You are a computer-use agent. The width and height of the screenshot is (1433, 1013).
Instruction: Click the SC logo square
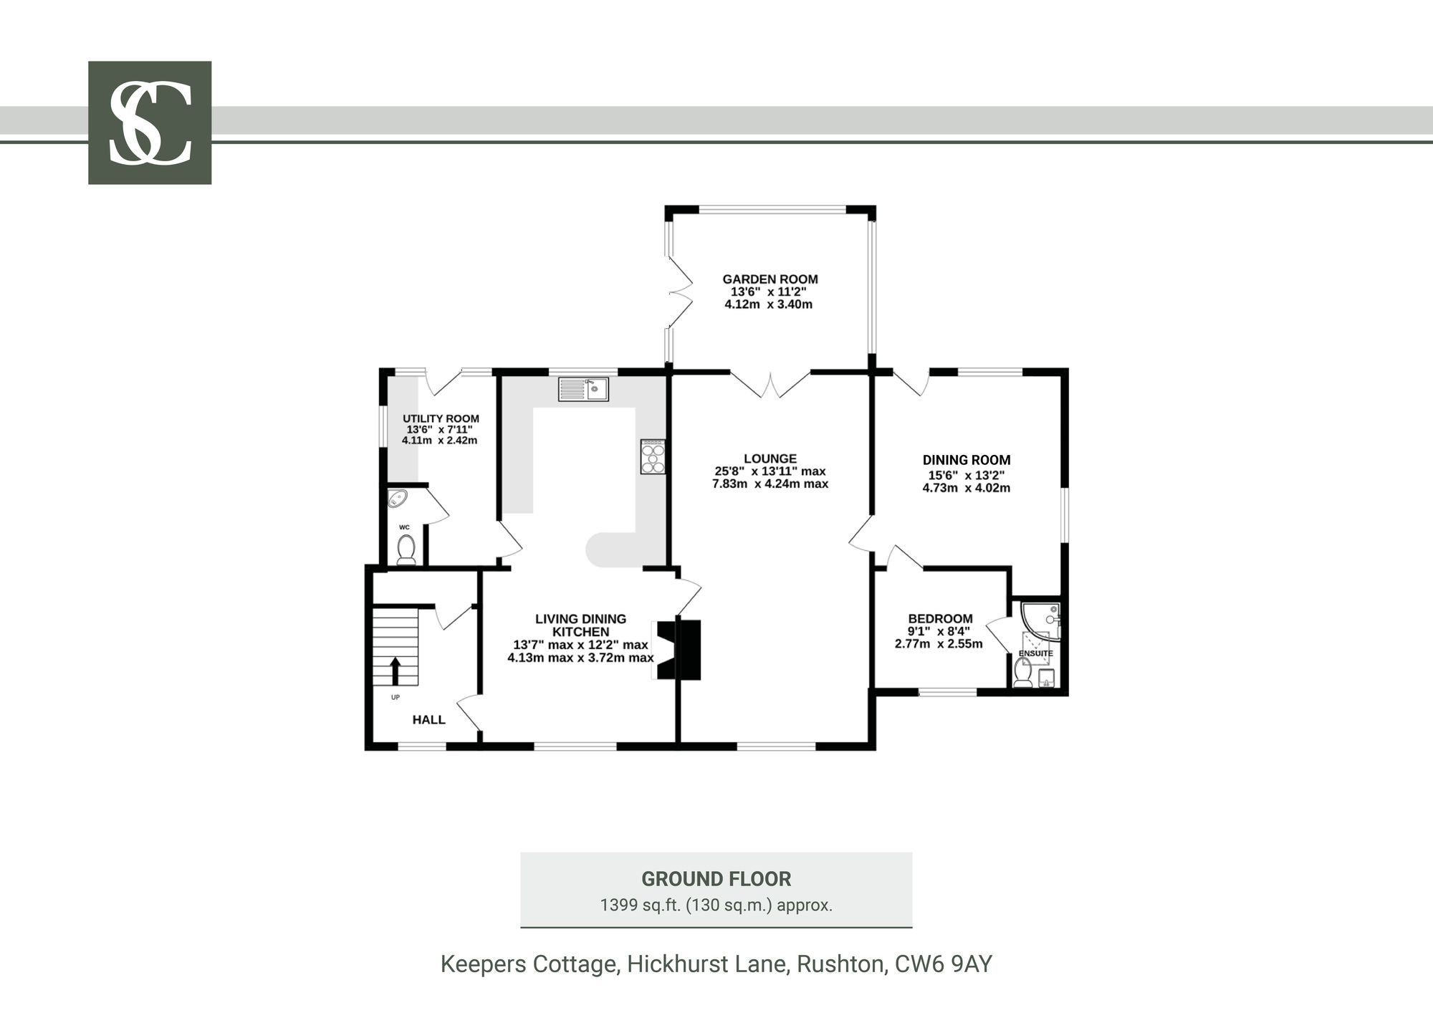(x=150, y=123)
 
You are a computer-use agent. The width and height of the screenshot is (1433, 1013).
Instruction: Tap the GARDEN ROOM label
(x=770, y=279)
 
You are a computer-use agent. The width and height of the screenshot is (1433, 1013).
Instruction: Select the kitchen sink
(x=583, y=389)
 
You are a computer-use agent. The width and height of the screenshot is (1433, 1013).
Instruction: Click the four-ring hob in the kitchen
(x=653, y=456)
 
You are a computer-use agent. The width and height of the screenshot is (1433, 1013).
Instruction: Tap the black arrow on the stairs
(x=395, y=671)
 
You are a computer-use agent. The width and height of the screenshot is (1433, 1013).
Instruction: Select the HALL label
(x=428, y=719)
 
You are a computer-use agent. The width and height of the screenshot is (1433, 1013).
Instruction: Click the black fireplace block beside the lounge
(x=679, y=649)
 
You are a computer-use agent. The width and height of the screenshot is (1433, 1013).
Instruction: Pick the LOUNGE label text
(x=770, y=459)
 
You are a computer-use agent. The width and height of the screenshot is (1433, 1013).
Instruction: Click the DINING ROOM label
(x=966, y=460)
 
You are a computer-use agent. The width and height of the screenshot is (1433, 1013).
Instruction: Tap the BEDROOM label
(x=940, y=619)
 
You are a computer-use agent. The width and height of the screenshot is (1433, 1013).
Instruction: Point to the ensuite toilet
(x=1023, y=673)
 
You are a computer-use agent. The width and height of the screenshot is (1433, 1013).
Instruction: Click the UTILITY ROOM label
(x=441, y=419)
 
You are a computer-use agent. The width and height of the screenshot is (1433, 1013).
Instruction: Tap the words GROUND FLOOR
(x=716, y=879)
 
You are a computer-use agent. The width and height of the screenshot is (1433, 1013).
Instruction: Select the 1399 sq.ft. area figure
(x=641, y=905)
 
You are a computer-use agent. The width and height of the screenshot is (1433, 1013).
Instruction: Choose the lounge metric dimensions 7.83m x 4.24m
(x=770, y=484)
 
